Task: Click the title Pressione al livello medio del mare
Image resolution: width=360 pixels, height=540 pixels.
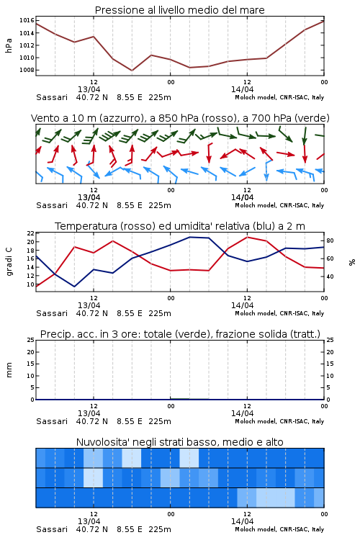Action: point(179,10)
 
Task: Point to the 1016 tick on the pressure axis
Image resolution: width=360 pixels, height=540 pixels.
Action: point(27,21)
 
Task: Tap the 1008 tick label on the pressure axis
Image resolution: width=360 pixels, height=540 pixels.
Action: point(27,71)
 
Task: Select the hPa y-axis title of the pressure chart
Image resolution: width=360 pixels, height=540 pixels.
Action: point(9,46)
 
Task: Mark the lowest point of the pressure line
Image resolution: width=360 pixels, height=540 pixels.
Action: point(132,71)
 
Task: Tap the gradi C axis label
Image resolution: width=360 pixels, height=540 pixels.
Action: point(9,262)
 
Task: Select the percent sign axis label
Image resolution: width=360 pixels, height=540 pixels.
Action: point(352,262)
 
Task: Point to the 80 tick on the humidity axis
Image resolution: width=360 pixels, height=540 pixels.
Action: point(330,240)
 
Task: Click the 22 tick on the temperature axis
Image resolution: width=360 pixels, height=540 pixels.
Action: point(31,233)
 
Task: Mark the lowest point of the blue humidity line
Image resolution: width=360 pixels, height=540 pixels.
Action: point(74,287)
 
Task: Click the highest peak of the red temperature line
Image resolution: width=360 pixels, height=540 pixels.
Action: point(247,237)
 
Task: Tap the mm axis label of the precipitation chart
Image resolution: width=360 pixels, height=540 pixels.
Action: point(9,370)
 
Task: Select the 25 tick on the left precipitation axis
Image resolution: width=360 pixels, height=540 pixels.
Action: point(31,341)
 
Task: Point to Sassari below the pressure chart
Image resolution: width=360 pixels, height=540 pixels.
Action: point(52,97)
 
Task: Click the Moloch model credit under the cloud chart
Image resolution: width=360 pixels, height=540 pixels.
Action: point(279,529)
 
